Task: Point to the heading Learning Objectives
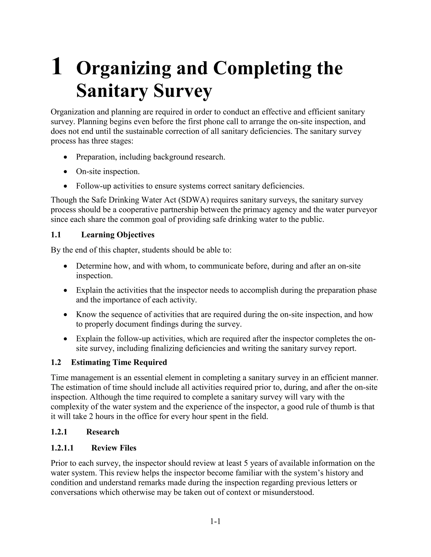(118, 235)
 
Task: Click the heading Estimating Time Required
(119, 362)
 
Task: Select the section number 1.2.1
(59, 432)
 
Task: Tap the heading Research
(103, 432)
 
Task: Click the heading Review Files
(114, 448)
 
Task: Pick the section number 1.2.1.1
(62, 448)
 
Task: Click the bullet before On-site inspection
(66, 172)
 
